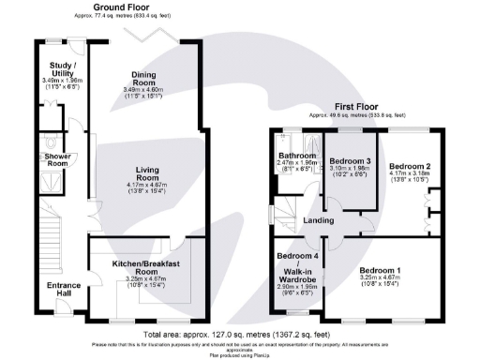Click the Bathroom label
tap(294, 155)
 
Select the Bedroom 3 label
tap(349, 161)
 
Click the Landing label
tap(319, 220)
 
